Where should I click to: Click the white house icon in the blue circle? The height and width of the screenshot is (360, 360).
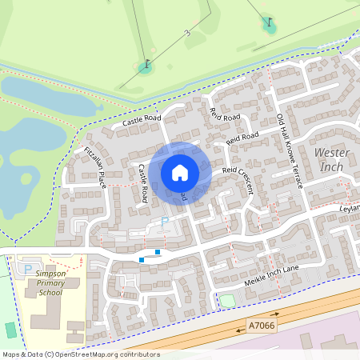point(180,173)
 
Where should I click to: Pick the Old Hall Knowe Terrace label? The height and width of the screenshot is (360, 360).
point(290,150)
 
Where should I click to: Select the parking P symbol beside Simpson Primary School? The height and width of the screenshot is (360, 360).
point(29,269)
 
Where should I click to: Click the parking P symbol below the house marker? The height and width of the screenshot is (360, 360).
point(166,221)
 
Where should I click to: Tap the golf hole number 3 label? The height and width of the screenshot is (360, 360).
point(187,33)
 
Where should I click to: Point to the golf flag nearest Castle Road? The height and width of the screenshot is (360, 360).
point(146,66)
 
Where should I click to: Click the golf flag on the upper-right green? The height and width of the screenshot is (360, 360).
point(270,25)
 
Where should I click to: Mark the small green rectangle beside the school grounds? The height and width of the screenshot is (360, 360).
point(10,330)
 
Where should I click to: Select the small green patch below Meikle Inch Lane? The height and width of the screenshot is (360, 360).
point(227,301)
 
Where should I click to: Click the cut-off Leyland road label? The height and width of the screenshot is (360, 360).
point(350,208)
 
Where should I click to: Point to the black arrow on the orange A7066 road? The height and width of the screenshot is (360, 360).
point(275,315)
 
